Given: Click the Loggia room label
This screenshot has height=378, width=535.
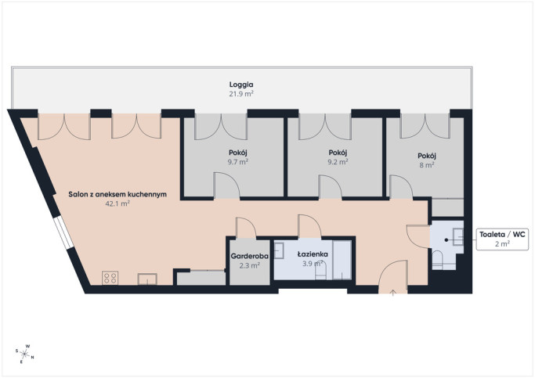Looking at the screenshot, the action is pos(241,85).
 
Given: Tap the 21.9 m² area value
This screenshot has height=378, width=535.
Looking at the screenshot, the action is pos(241,94).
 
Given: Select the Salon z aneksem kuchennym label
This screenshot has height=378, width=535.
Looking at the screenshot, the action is pos(117,194).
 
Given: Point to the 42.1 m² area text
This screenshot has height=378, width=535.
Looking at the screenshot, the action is pos(117,203).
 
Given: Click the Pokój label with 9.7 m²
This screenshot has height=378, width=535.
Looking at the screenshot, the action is pos(238,153).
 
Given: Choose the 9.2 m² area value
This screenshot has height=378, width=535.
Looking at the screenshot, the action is pos(338,161).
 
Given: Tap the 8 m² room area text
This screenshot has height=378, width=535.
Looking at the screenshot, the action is pos(427,165).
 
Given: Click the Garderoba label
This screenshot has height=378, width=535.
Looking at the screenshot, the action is pos(249,256).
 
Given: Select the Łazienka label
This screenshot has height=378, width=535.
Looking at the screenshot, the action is pos(313,254).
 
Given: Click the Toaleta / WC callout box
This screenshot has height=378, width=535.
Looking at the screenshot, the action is pos(502,239).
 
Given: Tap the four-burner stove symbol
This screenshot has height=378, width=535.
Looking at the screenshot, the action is pos(110,278).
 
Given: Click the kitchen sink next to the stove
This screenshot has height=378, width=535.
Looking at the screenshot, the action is pos(147,279).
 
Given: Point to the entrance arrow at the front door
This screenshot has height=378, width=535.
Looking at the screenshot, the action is pos(393,293).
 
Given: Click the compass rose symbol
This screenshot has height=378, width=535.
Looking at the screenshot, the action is pos(24,354).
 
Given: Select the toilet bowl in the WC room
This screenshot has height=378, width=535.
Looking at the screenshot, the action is pos(437,260).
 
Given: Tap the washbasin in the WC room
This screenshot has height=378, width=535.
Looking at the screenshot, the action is pos(458,237).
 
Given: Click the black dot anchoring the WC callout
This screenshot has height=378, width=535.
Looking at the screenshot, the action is pos(446,240).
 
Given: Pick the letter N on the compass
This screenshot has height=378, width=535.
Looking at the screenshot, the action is pos(32,358).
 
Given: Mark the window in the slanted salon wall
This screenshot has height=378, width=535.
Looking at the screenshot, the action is pos(63,232).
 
